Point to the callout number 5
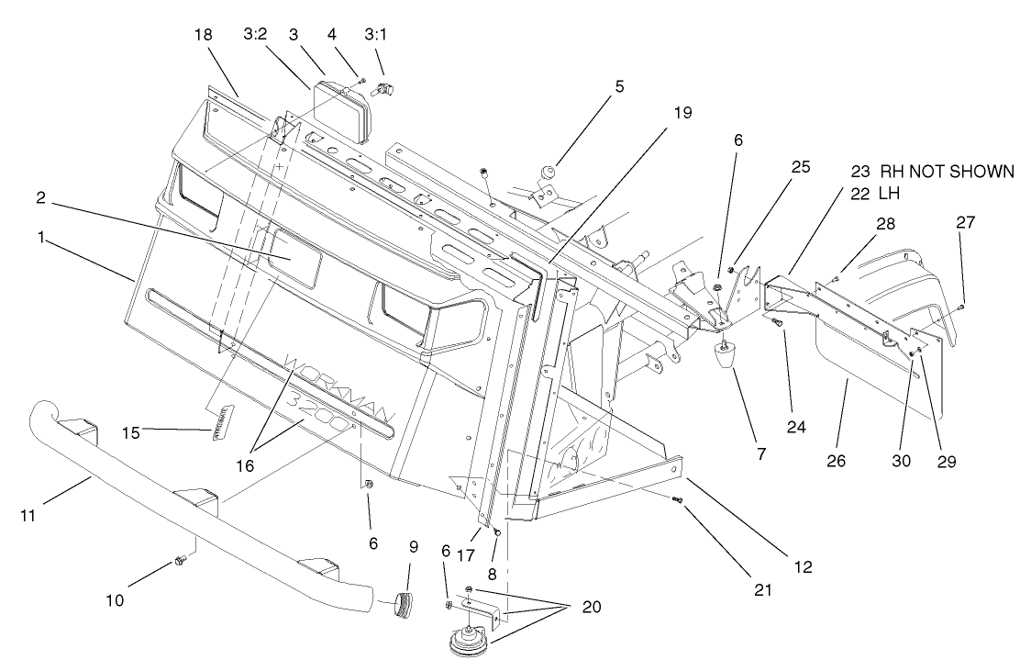pos(620,87)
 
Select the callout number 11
pos(28,516)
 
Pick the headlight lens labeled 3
pos(341,110)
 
